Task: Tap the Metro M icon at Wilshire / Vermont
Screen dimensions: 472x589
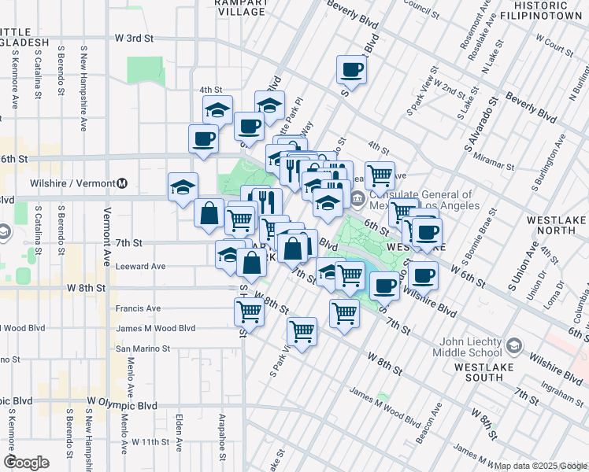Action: pyautogui.click(x=122, y=183)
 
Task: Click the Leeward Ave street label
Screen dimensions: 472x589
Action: pyautogui.click(x=140, y=267)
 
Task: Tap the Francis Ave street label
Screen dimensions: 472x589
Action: pyautogui.click(x=138, y=308)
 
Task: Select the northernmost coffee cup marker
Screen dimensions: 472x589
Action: pyautogui.click(x=351, y=70)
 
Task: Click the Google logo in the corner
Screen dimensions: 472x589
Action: pyautogui.click(x=26, y=462)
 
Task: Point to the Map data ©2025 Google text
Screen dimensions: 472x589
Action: pyautogui.click(x=540, y=466)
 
